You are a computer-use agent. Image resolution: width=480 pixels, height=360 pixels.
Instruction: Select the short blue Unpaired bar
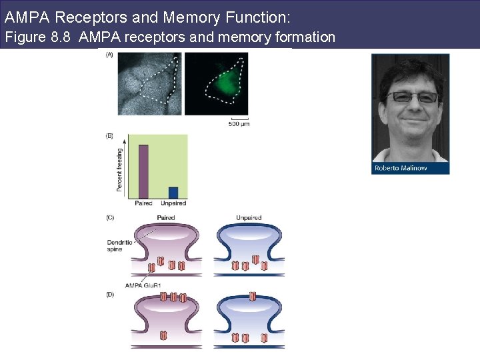point(173,192)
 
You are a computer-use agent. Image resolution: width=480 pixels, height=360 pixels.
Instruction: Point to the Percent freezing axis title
point(120,170)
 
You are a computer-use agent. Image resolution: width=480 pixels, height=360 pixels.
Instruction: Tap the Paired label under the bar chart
point(143,203)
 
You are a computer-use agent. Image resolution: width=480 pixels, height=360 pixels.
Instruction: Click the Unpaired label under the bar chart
point(173,203)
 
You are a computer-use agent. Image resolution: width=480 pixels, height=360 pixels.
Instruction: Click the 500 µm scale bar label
point(239,124)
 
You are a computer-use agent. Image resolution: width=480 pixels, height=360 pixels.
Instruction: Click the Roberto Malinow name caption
point(401,168)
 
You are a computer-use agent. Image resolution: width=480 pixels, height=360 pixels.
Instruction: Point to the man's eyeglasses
point(412,97)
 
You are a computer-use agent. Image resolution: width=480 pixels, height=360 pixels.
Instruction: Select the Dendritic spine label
point(119,246)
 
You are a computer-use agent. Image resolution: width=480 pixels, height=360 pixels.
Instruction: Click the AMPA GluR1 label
point(143,285)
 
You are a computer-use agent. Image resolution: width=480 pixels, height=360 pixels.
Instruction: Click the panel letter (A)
point(109,55)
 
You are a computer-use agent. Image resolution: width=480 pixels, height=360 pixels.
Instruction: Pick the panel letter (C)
point(109,217)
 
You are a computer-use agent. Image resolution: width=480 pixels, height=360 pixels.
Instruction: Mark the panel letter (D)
point(109,294)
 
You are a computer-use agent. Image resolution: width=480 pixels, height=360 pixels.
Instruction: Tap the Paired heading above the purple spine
point(165,217)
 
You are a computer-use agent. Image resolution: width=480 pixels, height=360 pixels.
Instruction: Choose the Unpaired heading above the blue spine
point(249,217)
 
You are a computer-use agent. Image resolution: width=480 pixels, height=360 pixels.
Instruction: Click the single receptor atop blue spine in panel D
point(252,296)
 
